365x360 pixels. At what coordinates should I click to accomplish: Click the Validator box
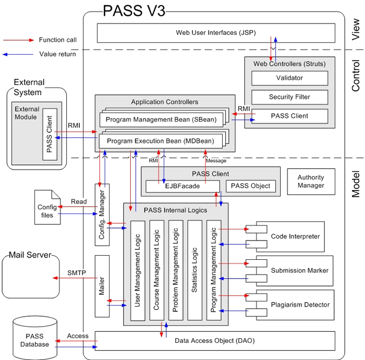(x=289, y=78)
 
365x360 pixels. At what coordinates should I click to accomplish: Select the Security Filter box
(x=289, y=97)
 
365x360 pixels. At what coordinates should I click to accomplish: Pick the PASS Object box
(x=251, y=186)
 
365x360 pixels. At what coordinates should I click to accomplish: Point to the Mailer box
(x=102, y=286)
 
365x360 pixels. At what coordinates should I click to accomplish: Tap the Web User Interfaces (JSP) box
(x=215, y=33)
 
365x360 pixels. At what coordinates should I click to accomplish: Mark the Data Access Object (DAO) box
(x=215, y=340)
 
